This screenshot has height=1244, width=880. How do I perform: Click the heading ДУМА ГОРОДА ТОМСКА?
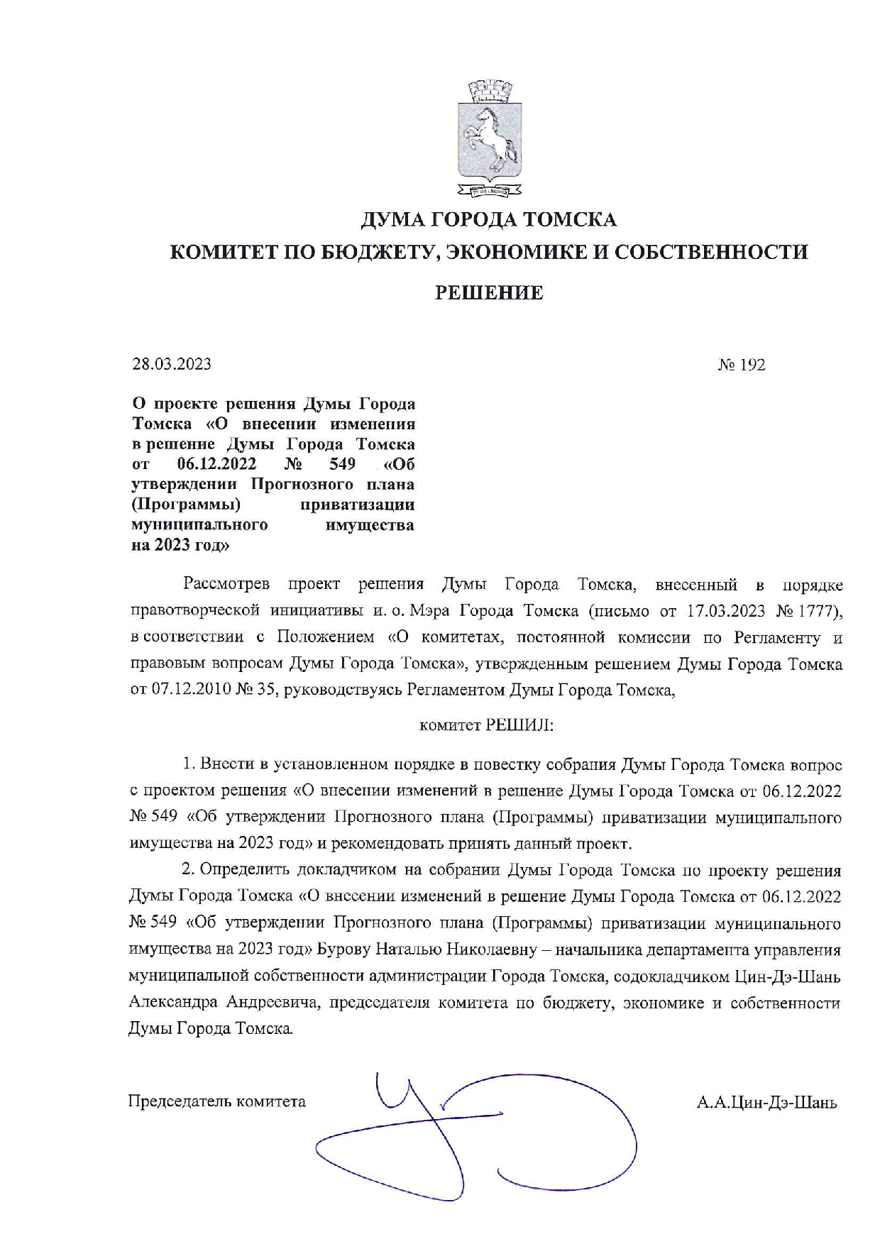[488, 220]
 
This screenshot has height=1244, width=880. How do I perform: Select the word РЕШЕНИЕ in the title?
[488, 293]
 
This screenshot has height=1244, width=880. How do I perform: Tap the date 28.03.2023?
[172, 365]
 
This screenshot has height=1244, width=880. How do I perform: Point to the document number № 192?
[742, 365]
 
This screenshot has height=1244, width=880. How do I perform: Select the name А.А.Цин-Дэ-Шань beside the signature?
[767, 1103]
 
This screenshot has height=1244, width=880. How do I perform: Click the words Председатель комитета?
[217, 1101]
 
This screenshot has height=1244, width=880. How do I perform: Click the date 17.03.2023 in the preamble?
[721, 611]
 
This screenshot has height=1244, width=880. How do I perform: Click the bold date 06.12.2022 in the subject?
[217, 465]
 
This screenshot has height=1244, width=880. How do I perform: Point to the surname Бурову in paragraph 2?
[343, 949]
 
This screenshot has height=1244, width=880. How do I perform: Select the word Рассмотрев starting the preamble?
[226, 585]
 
